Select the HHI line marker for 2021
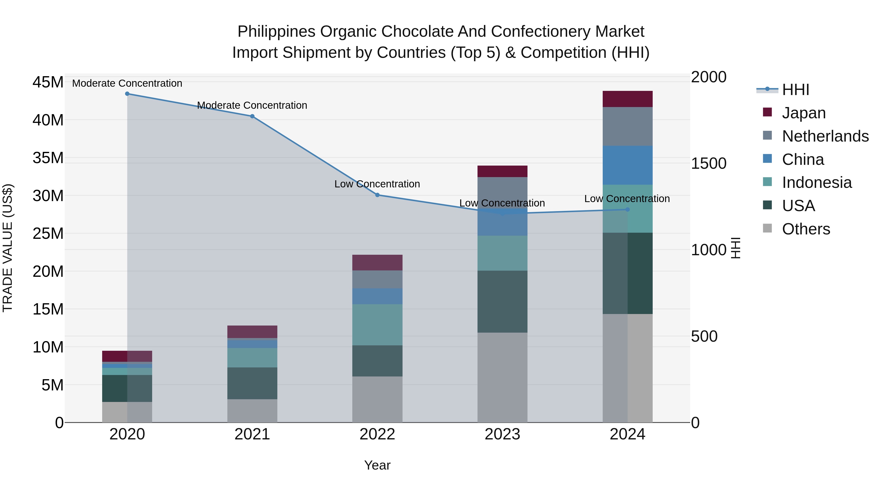click(252, 116)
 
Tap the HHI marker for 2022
click(377, 195)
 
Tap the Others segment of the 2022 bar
click(377, 399)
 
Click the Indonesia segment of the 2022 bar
click(377, 325)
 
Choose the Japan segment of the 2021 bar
click(252, 332)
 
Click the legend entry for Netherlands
click(825, 136)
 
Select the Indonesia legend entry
click(817, 182)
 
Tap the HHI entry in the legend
click(795, 90)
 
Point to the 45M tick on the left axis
click(48, 83)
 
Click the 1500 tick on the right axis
click(708, 163)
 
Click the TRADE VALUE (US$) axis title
click(8, 248)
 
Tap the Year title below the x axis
click(377, 465)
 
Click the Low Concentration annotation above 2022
click(377, 184)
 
